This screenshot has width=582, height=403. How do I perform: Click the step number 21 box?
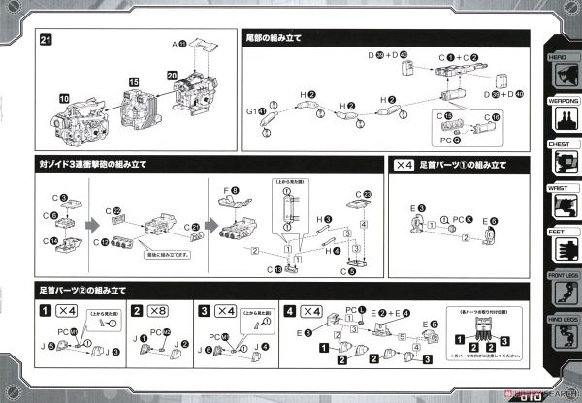45,40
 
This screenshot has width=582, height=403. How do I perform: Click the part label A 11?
179,45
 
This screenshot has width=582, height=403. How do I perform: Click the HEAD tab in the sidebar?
561,57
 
